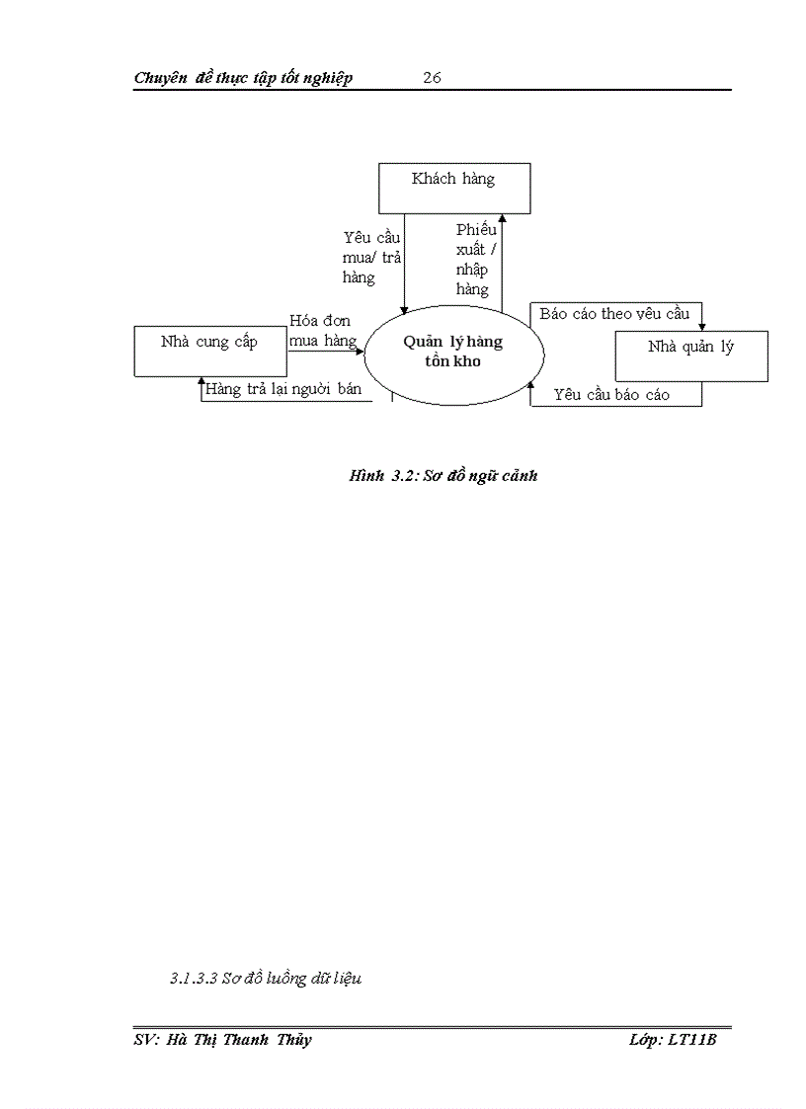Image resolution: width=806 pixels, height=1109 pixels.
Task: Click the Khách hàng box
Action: pyautogui.click(x=454, y=188)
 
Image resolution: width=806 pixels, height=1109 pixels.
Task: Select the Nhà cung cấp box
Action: pyautogui.click(x=210, y=352)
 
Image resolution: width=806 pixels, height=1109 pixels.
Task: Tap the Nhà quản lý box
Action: pyautogui.click(x=691, y=356)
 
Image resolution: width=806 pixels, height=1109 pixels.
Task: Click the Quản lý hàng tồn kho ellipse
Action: pyautogui.click(x=453, y=352)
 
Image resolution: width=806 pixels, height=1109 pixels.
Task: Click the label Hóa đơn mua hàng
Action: pyautogui.click(x=322, y=331)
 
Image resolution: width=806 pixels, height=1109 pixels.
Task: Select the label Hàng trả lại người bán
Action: pyautogui.click(x=283, y=389)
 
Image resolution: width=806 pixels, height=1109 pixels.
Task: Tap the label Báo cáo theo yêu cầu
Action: pyautogui.click(x=613, y=314)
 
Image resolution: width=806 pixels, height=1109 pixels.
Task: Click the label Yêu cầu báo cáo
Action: pyautogui.click(x=611, y=395)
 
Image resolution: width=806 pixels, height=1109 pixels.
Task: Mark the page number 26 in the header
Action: pyautogui.click(x=432, y=78)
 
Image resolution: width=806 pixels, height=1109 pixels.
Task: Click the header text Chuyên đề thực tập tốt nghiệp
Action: pyautogui.click(x=243, y=78)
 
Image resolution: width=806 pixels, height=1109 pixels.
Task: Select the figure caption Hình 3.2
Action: pyautogui.click(x=443, y=475)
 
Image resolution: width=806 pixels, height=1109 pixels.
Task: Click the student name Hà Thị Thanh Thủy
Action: pyautogui.click(x=223, y=1040)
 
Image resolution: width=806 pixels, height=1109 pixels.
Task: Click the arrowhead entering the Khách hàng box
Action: pyautogui.click(x=502, y=218)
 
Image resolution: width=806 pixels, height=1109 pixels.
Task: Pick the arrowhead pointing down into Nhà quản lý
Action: pyautogui.click(x=702, y=327)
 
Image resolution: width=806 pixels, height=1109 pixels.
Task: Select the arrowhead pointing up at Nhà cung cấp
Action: pyautogui.click(x=201, y=381)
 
